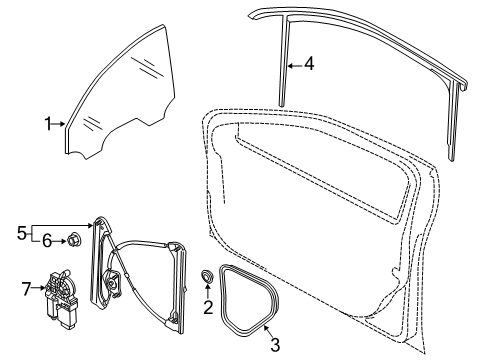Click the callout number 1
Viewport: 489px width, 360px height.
(x=48, y=124)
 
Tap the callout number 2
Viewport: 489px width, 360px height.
(x=208, y=307)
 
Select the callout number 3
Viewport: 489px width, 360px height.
(x=275, y=345)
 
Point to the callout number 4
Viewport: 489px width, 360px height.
(x=309, y=63)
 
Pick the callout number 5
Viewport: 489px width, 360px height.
(x=22, y=233)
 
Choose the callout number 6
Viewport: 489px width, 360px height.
(x=47, y=241)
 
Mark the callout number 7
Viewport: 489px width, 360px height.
(x=26, y=289)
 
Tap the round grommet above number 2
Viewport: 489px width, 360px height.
(x=207, y=277)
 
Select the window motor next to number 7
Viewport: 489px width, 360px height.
(x=62, y=299)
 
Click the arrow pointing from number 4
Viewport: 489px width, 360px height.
(x=295, y=66)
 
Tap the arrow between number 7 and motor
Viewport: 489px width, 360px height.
(x=38, y=288)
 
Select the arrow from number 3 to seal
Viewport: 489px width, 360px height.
(x=268, y=331)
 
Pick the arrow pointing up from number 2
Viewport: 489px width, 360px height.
(x=208, y=291)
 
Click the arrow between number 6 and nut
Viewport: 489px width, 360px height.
(x=60, y=241)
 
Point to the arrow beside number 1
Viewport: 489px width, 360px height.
(x=59, y=124)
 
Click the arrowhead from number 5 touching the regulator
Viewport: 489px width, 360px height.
(x=90, y=226)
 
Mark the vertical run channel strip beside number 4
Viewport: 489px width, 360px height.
(x=284, y=63)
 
